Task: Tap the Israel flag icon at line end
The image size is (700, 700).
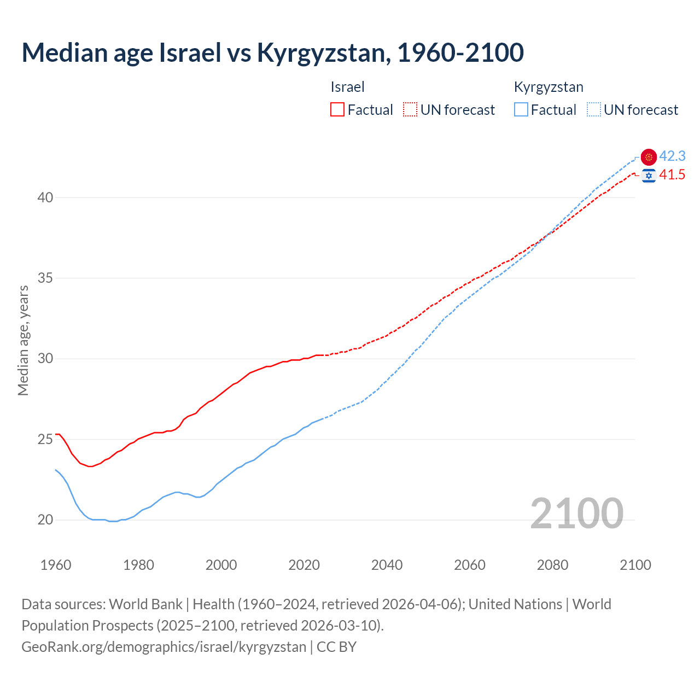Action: [x=649, y=176]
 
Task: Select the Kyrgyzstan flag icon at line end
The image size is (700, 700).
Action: [x=649, y=157]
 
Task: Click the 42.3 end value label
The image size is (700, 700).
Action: [x=672, y=156]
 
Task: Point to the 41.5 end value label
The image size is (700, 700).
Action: [x=672, y=175]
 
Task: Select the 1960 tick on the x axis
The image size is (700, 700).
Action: [x=56, y=565]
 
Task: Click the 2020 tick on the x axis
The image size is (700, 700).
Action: [x=304, y=565]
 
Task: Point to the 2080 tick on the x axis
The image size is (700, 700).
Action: [x=552, y=565]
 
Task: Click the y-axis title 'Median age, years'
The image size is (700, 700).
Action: [x=23, y=340]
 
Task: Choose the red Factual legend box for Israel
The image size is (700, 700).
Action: [x=337, y=110]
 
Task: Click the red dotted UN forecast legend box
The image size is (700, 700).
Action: [x=410, y=110]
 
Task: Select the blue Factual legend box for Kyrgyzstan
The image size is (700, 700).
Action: [x=521, y=110]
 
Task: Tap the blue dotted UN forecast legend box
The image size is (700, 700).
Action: [x=593, y=110]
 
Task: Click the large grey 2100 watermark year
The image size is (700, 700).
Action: [x=576, y=513]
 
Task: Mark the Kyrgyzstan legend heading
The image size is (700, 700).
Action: [x=549, y=87]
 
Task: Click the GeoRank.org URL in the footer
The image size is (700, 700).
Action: [x=164, y=647]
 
